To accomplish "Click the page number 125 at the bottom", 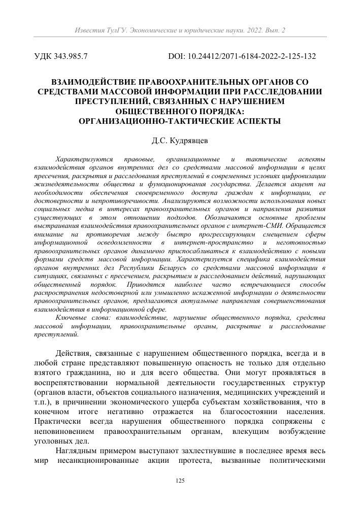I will pos(180,481).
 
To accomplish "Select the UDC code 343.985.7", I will pos(70,56).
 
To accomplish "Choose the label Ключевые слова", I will pos(82,317).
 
